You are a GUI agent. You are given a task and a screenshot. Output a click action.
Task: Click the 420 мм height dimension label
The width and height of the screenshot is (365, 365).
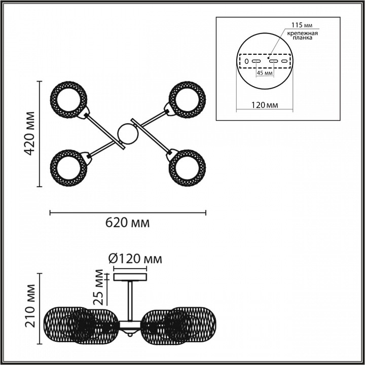(x=30, y=133)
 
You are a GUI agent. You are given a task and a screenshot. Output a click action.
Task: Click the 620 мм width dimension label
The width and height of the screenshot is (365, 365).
(x=128, y=223)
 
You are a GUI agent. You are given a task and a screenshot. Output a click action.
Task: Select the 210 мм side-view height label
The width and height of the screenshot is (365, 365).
(x=30, y=306)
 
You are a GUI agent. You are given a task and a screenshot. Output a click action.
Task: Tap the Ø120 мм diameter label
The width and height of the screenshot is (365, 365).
(x=135, y=259)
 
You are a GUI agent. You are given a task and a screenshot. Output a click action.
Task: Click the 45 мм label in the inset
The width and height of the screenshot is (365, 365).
(x=265, y=73)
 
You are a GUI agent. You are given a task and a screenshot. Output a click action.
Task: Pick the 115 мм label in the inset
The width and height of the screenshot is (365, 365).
(x=302, y=25)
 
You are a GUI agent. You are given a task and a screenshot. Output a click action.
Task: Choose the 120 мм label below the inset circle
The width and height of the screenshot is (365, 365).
(x=265, y=105)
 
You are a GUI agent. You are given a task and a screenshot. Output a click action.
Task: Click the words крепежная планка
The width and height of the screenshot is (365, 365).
(x=302, y=35)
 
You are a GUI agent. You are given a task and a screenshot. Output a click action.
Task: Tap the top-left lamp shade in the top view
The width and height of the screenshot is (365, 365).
(x=68, y=100)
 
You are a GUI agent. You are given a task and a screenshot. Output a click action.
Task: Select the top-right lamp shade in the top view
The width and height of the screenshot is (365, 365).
(x=187, y=100)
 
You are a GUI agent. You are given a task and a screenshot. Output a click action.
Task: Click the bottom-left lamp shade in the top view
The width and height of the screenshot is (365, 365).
(x=68, y=168)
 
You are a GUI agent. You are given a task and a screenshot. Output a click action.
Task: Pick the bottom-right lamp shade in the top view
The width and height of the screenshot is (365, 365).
(x=187, y=168)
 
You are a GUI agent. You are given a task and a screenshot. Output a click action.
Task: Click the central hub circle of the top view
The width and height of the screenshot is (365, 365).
(x=128, y=134)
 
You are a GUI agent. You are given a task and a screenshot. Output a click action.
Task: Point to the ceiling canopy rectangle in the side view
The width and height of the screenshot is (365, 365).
(x=130, y=277)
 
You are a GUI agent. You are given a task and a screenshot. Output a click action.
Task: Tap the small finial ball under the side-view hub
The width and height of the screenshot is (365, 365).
(x=130, y=335)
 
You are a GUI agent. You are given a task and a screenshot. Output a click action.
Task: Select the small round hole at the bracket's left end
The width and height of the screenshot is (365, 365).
(x=246, y=61)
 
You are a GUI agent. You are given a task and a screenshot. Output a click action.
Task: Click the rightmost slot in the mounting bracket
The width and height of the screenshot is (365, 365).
(x=284, y=61)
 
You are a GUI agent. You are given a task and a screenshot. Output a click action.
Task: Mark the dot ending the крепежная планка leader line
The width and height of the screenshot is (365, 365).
(x=268, y=57)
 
